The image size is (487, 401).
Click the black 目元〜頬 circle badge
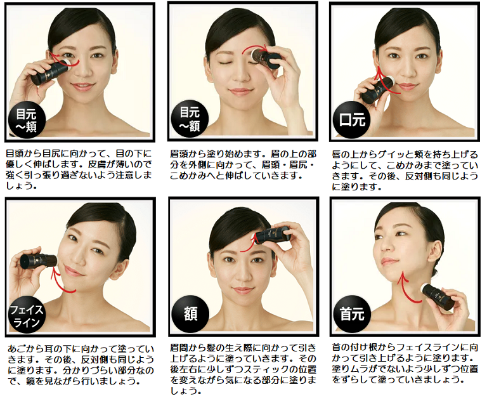tap(27, 121)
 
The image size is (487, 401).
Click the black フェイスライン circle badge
tap(27, 315)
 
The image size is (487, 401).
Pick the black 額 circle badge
tap(190, 314)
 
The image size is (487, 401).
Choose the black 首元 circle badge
tap(351, 313)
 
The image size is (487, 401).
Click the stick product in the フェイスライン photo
tap(39, 261)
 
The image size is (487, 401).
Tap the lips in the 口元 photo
tap(406, 86)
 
